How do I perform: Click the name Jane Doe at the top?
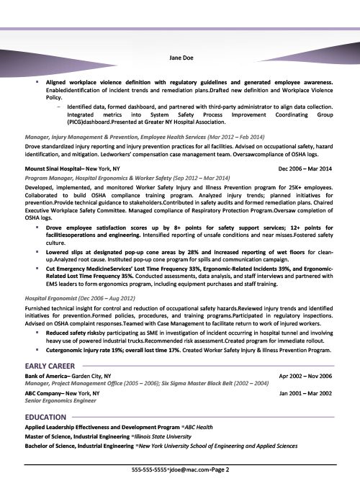point(179,58)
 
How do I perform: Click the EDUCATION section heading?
point(47,417)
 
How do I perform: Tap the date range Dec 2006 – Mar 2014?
point(305,168)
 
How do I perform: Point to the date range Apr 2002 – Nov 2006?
point(305,376)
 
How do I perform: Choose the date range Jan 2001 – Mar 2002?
point(305,393)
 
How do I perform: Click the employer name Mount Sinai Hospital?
point(54,168)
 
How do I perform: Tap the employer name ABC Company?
point(45,393)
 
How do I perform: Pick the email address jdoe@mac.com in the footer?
point(186,490)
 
